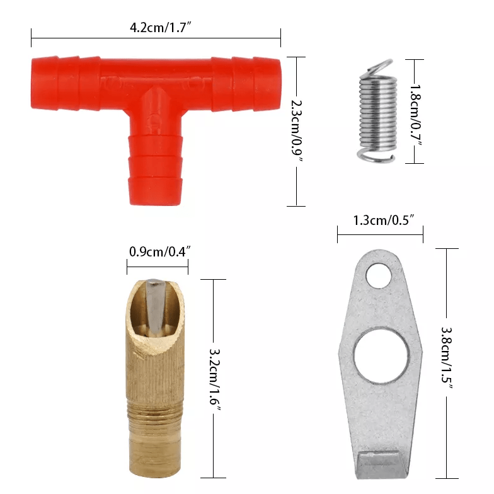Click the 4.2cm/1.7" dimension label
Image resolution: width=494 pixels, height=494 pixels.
(x=160, y=28)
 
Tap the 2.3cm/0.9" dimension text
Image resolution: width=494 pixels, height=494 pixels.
(x=296, y=131)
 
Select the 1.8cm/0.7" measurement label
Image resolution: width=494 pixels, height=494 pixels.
(x=416, y=115)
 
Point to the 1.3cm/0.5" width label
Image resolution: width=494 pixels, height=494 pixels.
(x=383, y=220)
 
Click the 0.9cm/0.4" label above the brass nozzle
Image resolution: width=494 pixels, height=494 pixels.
(x=160, y=252)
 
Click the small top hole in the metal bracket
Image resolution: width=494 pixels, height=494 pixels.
(x=378, y=276)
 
